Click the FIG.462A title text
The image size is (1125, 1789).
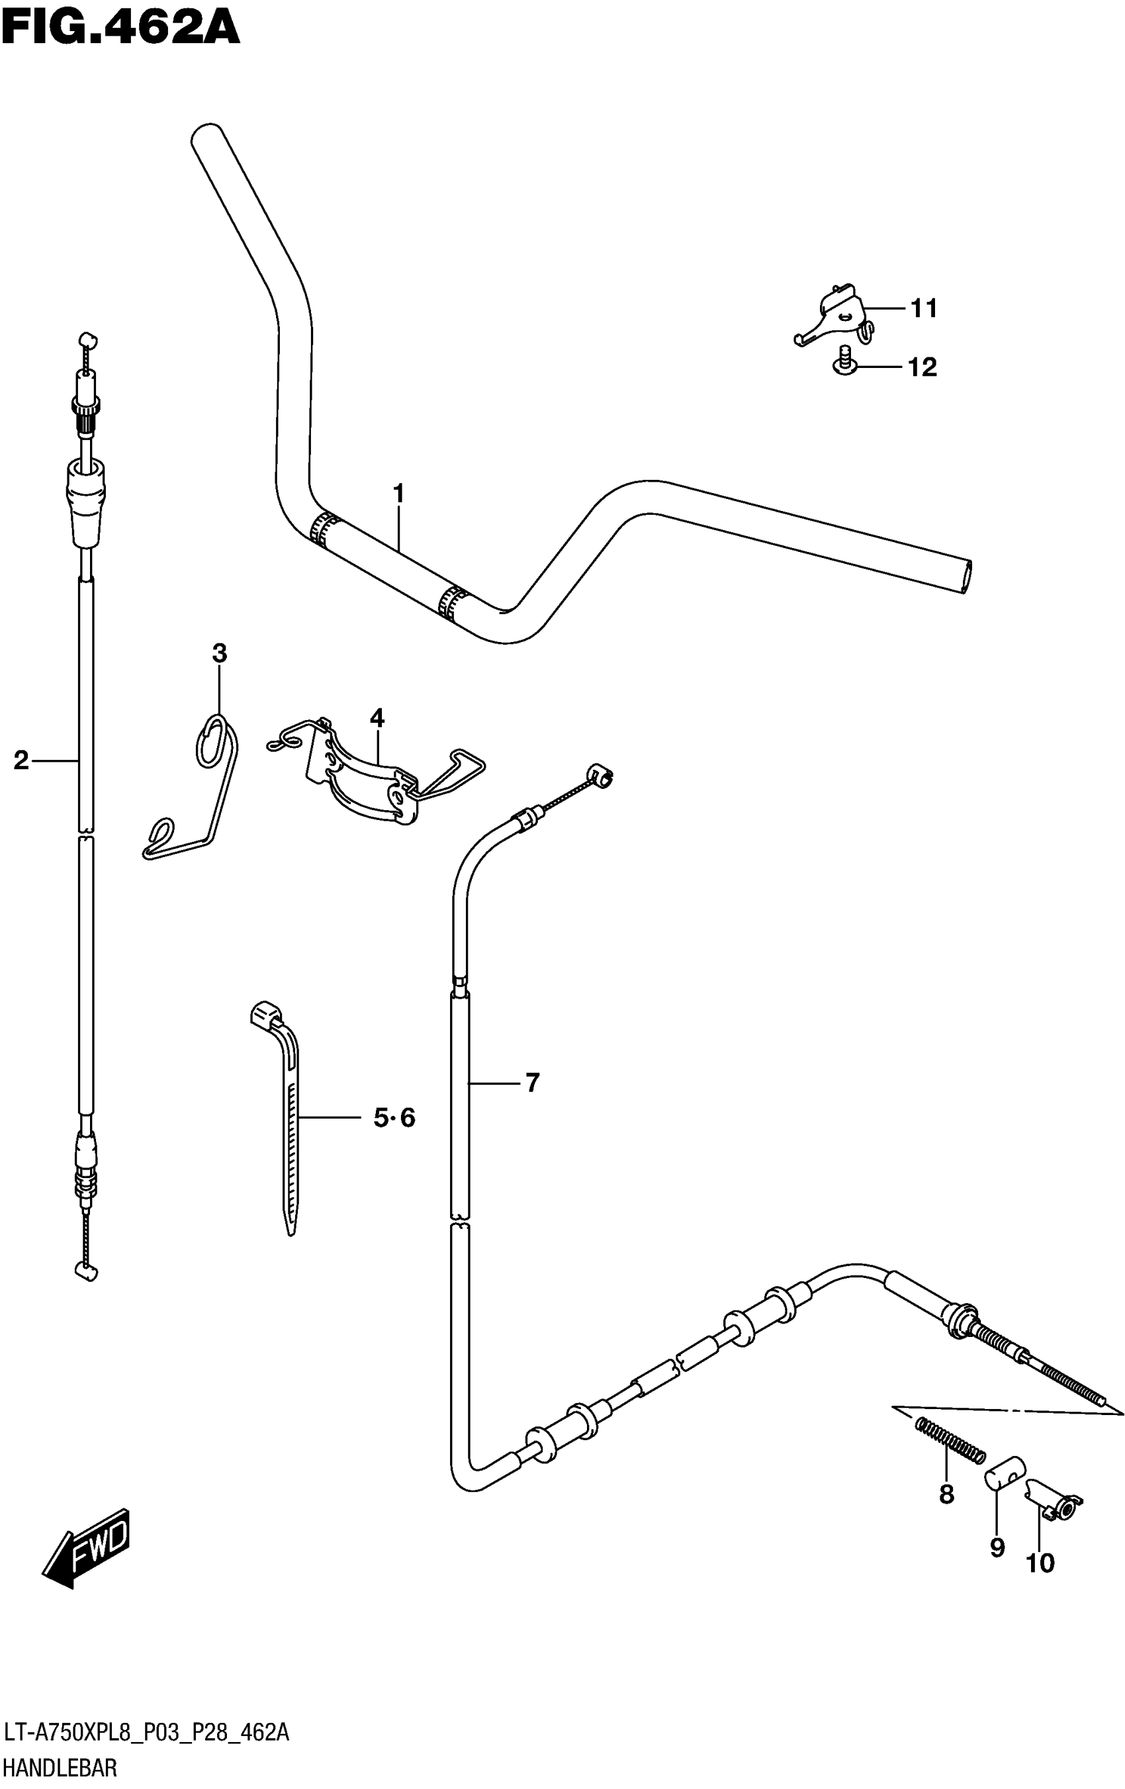coord(120,28)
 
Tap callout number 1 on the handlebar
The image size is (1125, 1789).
coord(398,493)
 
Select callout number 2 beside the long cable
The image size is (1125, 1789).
coord(21,760)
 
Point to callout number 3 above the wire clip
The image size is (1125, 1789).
coord(219,654)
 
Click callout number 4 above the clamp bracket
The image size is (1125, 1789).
coord(377,718)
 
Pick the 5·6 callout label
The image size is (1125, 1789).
coord(394,1117)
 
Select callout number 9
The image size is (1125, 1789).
coord(997,1547)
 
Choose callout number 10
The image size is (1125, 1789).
coord(1040,1563)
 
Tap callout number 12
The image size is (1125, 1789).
coord(922,367)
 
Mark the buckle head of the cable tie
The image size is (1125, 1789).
coord(265,1014)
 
